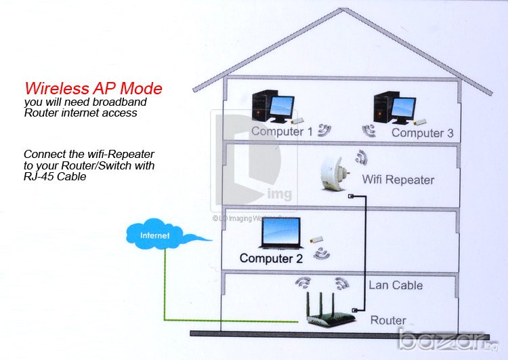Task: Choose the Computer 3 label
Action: point(422,133)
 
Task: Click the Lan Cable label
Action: point(396,285)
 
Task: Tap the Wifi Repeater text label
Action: point(398,180)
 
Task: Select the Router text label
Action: point(388,320)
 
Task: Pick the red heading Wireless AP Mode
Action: point(93,88)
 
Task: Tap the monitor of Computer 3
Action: point(404,108)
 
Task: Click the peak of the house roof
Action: point(343,9)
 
